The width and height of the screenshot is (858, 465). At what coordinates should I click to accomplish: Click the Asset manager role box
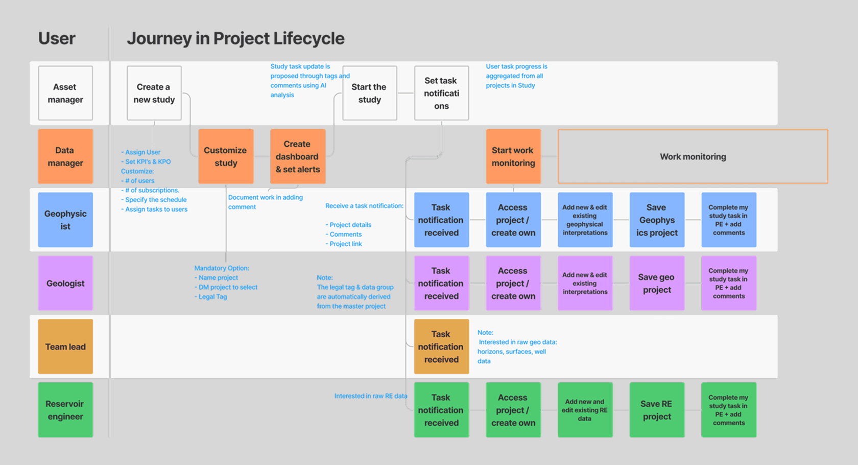point(65,93)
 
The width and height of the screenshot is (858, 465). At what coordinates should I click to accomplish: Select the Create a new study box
point(154,93)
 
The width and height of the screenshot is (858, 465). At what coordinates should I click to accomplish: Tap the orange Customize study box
point(226,156)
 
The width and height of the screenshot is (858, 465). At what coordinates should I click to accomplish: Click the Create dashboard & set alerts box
point(298,156)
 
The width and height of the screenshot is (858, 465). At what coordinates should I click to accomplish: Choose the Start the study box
point(369,93)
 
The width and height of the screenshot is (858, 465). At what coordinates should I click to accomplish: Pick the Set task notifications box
point(441,93)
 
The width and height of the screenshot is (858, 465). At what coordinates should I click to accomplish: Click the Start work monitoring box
point(513,156)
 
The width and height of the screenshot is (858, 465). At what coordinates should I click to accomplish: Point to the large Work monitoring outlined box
point(693,156)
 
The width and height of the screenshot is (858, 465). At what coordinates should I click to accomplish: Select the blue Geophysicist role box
point(65,220)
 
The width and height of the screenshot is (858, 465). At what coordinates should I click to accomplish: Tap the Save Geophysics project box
point(657,220)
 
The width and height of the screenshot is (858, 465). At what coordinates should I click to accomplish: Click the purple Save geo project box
point(657,283)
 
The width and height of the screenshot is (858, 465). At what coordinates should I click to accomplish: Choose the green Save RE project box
point(657,410)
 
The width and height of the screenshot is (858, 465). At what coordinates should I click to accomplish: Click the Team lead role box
point(65,346)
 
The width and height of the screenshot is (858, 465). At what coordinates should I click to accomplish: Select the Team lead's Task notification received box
point(441,346)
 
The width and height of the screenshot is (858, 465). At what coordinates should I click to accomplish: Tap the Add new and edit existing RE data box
point(585,410)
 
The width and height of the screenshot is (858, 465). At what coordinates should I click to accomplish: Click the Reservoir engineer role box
point(65,410)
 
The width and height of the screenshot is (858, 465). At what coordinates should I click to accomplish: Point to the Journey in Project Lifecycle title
point(235,38)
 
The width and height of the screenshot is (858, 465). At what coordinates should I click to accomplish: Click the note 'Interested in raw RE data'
point(371,396)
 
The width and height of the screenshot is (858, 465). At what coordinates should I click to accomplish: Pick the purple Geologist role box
point(65,283)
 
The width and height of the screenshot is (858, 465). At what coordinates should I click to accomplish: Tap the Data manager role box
point(65,156)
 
